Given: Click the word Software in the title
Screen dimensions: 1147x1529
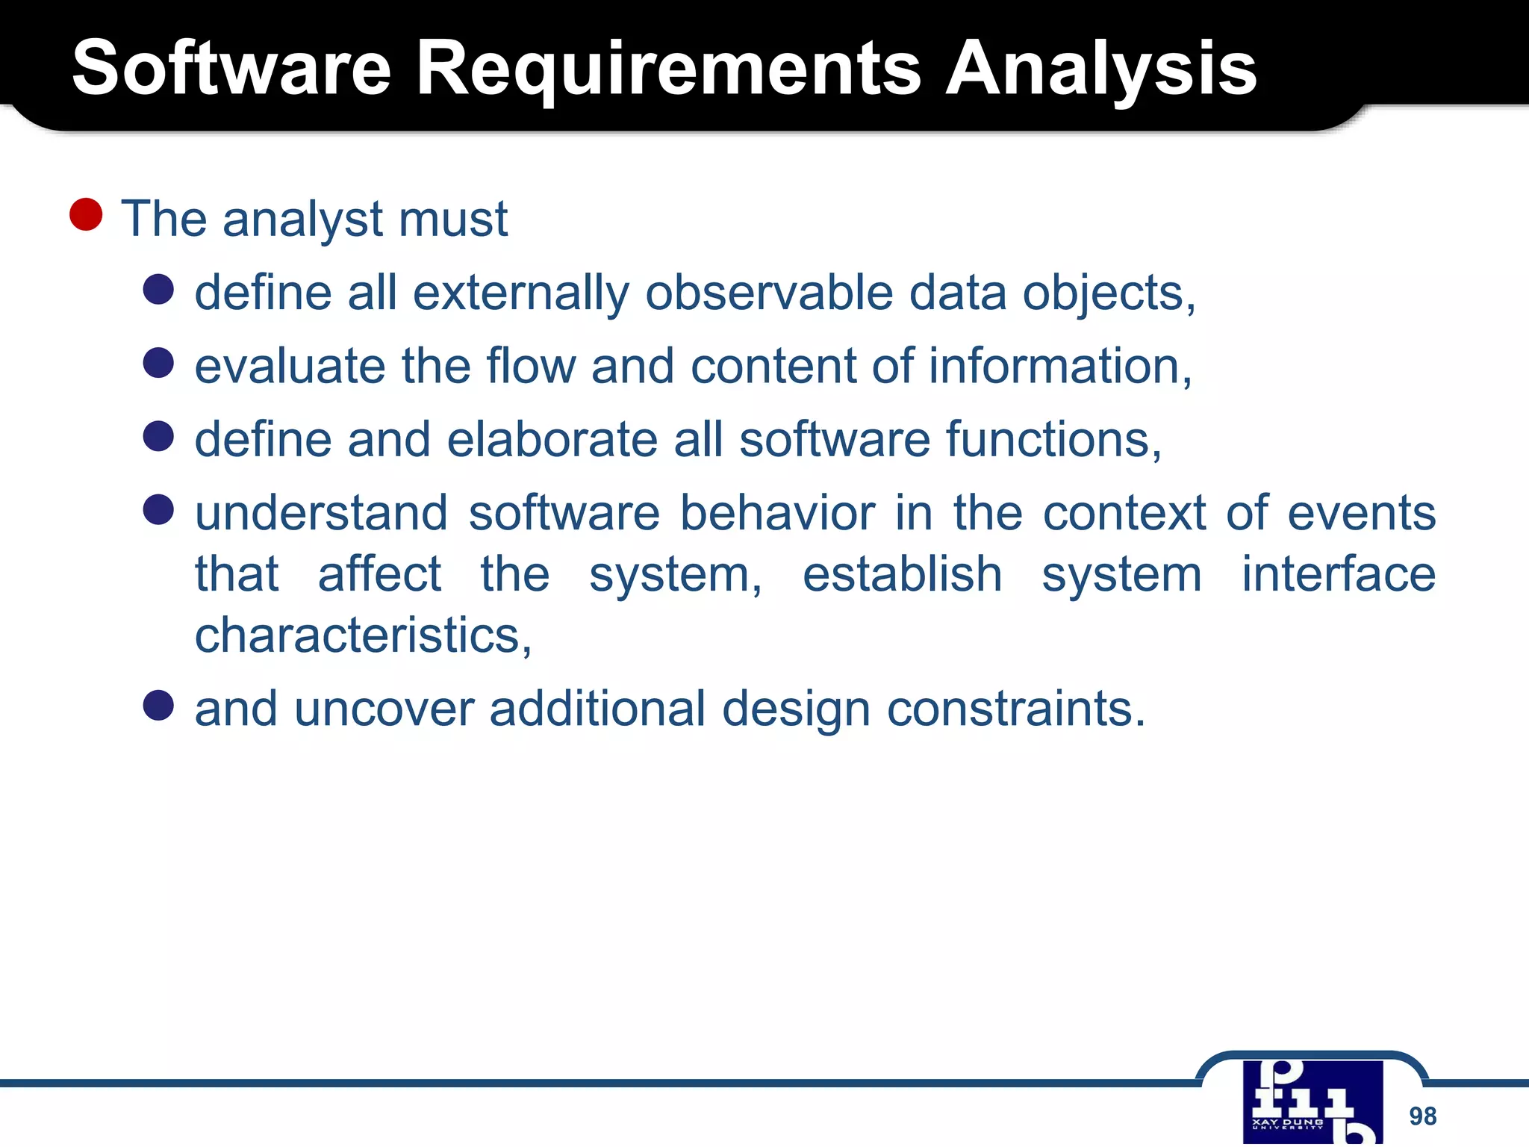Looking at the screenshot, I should (x=231, y=69).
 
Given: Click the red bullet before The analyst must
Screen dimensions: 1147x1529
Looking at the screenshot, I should (x=86, y=215).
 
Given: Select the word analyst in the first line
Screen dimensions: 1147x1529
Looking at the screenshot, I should (x=302, y=220).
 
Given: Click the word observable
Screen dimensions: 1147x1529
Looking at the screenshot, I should (x=768, y=292).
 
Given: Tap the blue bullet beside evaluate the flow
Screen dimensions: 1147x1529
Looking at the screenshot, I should (x=158, y=363).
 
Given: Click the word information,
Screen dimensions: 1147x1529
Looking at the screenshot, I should (x=1060, y=366).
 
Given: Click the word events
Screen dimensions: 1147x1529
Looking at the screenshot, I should (x=1361, y=514).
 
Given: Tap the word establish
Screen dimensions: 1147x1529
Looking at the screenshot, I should (x=902, y=574).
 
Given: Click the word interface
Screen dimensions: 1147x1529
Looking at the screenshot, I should (x=1338, y=574).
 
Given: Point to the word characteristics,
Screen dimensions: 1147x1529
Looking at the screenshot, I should (x=364, y=636).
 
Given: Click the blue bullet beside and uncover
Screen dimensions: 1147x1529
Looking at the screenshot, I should (x=158, y=705).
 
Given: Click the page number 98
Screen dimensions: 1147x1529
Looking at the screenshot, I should (x=1422, y=1116).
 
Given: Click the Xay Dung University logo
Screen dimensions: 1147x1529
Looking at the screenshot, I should (x=1312, y=1102).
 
